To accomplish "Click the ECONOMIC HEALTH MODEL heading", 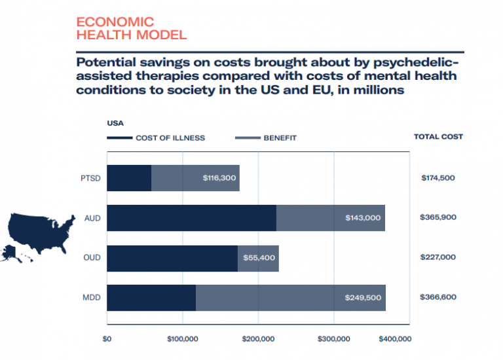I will coord(131,29).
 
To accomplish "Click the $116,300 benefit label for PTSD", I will coord(219,178).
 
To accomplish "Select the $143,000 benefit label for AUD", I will coord(363,218).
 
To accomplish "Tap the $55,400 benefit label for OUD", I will coord(259,258).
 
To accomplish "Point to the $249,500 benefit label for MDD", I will coord(363,298).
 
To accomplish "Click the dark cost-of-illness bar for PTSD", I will coord(129,178).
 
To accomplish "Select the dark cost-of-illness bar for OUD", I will coord(172,258).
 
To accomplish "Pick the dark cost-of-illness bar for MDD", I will coord(151,298).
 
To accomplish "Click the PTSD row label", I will coord(91,178).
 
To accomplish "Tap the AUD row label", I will coord(92,218).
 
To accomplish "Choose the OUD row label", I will coord(92,258).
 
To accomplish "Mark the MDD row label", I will coord(92,298).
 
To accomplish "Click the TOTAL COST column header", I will coord(438,137).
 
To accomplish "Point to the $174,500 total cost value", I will coord(438,178).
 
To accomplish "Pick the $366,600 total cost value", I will coord(438,298).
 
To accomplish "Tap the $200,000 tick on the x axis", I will coord(258,339).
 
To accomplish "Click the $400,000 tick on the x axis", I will coord(396,339).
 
